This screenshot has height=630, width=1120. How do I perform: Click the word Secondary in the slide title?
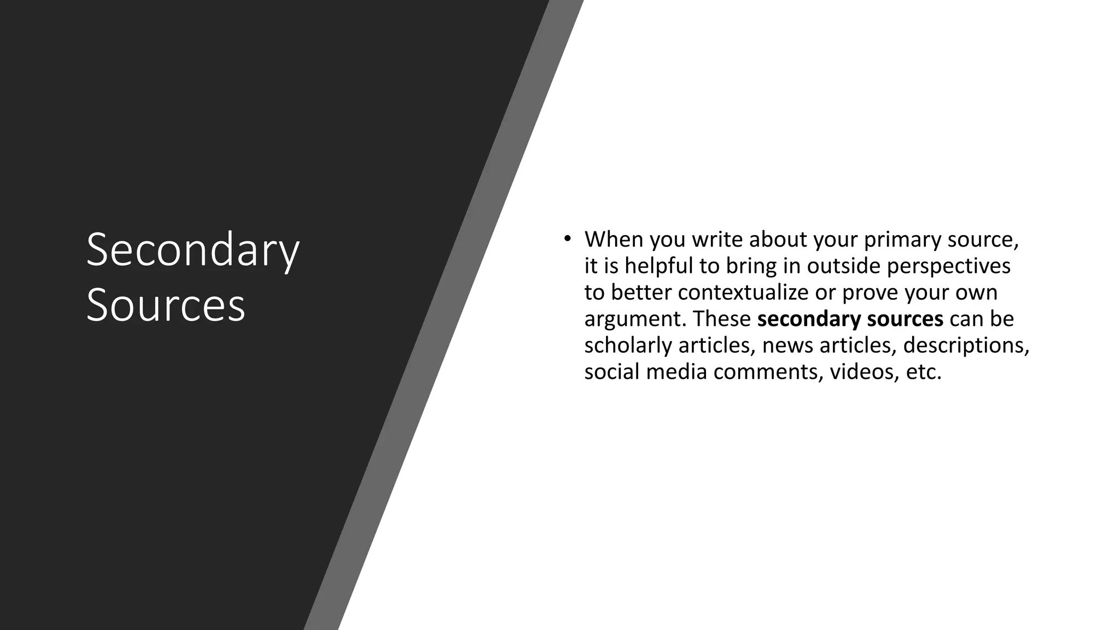pos(192,250)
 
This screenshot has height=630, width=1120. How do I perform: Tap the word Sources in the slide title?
pos(166,305)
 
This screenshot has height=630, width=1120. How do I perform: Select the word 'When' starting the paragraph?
pos(614,240)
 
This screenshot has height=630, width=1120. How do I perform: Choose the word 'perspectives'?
pos(948,267)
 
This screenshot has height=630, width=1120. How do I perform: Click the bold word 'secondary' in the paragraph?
pos(802,319)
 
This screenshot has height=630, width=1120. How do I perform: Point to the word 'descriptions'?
pos(966,346)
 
